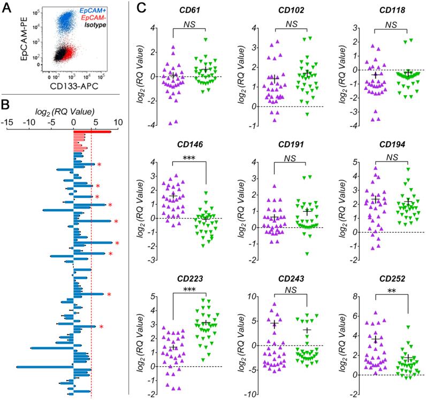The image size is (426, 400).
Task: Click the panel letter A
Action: [x=7, y=8]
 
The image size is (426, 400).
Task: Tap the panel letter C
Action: [x=141, y=8]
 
